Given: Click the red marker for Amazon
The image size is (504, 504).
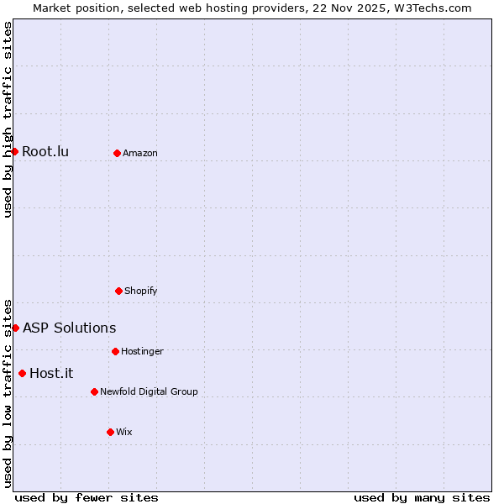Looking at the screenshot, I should coord(117,153).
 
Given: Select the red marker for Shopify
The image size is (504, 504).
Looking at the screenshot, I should coord(118,291).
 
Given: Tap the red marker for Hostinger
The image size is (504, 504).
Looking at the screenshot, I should coord(115,351).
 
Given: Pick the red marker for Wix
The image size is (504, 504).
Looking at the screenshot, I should coord(110,432).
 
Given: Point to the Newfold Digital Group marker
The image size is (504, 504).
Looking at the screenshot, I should coord(94,391).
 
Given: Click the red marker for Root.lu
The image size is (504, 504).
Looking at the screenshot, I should coord(14,151).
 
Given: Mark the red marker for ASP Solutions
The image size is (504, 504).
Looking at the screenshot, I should coord(15,328).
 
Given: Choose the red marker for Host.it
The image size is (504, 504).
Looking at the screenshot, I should coord(22,373).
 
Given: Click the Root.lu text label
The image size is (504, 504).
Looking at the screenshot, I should coord(45,152).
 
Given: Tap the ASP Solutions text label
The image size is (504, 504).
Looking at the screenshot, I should coord(69,328).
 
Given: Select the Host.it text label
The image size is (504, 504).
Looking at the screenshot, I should coord(51,374).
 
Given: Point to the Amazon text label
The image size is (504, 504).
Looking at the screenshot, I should coord(140,154).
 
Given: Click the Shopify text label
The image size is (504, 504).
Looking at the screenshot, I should coord(141,291).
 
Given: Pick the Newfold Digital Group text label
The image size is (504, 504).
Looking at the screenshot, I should coord(149,392).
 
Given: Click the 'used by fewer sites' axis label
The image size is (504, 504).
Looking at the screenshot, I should coord(87,497).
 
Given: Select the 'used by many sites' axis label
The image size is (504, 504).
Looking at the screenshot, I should coord(422,497).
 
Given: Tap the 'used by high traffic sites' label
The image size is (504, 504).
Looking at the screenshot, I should coord(8,119).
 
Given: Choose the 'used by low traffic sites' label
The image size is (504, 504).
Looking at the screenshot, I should coord(8,393).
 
